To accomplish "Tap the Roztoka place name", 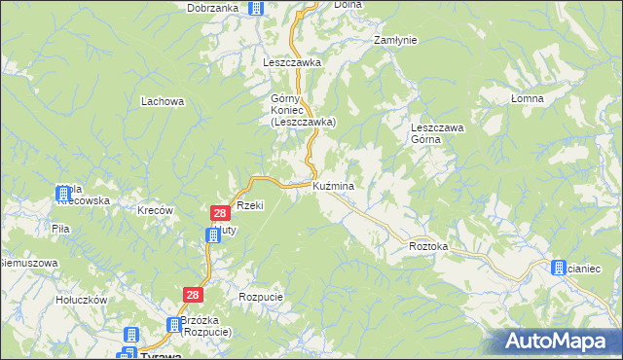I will (428, 247).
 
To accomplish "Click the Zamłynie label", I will (395, 40).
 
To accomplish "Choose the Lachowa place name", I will (163, 100).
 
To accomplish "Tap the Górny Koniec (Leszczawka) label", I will (303, 110).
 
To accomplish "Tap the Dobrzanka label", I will (213, 8).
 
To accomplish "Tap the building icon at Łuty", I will (213, 234).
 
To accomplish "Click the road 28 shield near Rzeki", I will (221, 212).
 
